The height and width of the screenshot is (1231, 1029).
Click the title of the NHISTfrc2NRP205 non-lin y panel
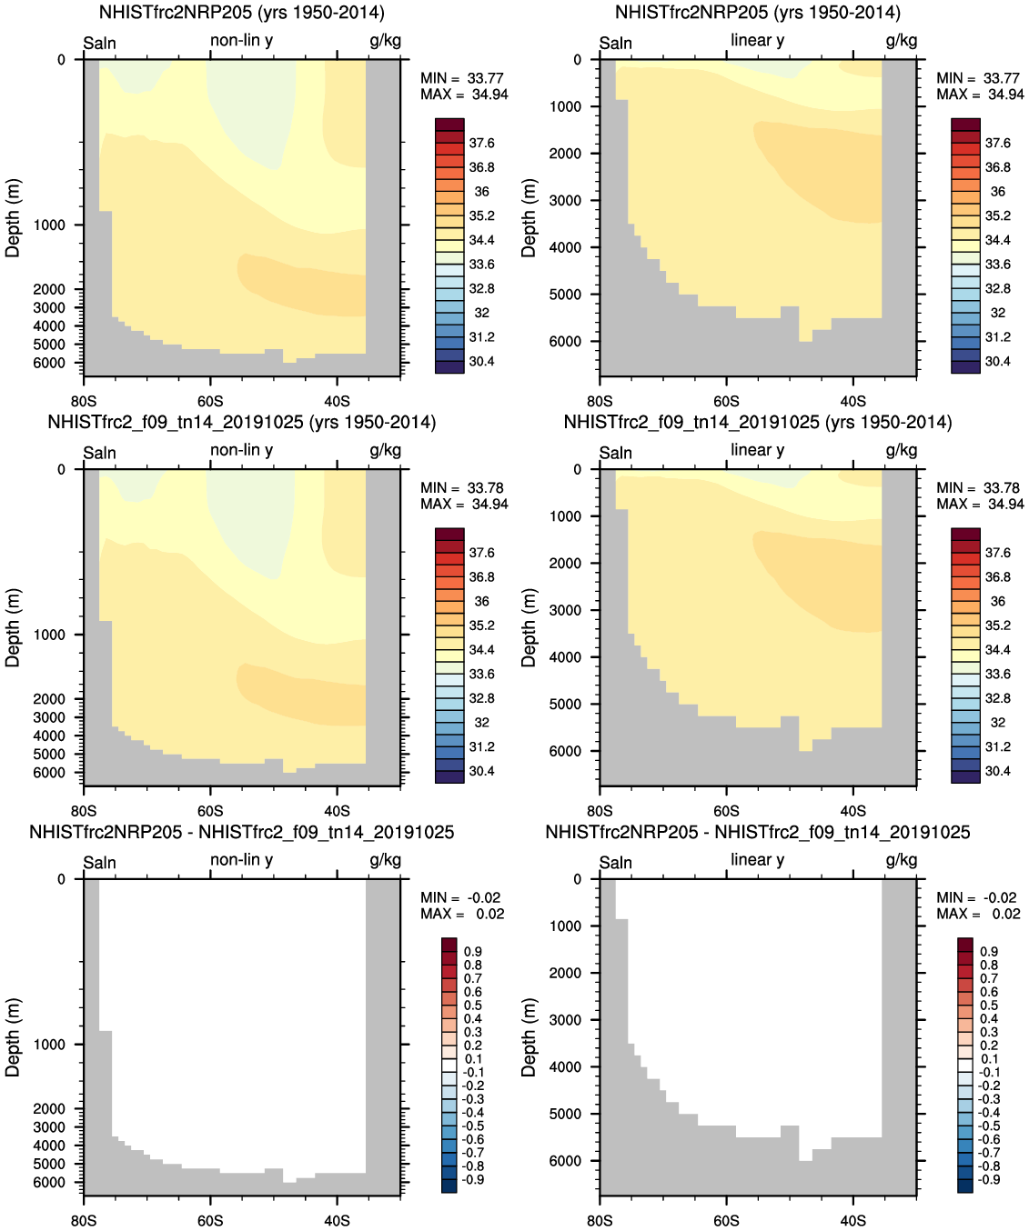[x=241, y=13]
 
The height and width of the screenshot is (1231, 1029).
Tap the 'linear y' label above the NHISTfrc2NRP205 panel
[x=757, y=40]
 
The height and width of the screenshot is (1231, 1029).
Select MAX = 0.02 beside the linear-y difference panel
[x=977, y=914]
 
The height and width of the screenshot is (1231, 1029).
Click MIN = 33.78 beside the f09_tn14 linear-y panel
[x=977, y=488]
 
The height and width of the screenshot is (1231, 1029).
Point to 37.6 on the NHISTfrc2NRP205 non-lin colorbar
[x=481, y=143]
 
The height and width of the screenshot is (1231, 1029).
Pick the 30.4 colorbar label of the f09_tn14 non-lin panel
[x=481, y=771]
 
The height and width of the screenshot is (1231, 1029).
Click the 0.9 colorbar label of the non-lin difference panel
[x=473, y=951]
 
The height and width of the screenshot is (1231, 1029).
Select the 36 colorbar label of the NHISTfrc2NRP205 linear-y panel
[x=997, y=192]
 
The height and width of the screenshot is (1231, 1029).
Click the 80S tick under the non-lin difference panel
[x=83, y=1220]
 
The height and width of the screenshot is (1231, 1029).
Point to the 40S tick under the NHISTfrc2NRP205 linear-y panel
[x=852, y=401]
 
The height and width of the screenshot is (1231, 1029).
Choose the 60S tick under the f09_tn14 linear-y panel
[x=726, y=811]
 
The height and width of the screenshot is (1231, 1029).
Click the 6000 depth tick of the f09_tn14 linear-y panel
[x=564, y=751]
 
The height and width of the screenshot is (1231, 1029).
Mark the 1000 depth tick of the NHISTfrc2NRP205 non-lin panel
[x=49, y=225]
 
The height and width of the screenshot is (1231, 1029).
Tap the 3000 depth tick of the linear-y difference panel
[x=564, y=1020]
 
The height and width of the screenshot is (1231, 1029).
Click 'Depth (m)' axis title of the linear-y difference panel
[x=529, y=1037]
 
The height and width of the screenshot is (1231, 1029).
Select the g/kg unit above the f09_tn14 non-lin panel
[x=385, y=450]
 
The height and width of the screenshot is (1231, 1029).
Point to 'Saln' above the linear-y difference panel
[x=615, y=862]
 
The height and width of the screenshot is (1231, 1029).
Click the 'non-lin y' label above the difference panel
[x=241, y=859]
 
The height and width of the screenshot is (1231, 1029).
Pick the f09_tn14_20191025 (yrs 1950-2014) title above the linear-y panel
[x=757, y=422]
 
